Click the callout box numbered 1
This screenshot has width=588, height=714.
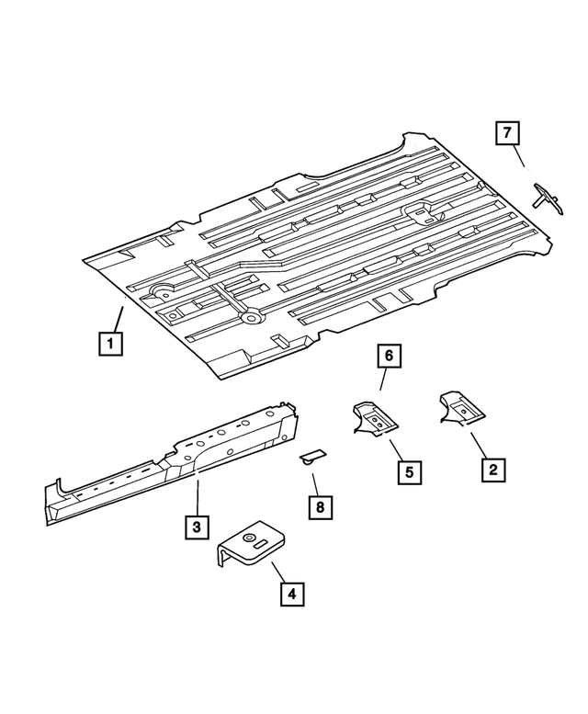109,345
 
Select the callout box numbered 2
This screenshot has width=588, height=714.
492,470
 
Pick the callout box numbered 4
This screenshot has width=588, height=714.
291,594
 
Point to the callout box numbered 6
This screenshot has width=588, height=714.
389,355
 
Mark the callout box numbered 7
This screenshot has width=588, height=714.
506,133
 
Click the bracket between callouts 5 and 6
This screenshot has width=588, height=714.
376,419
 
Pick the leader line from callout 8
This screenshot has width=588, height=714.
314,481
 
